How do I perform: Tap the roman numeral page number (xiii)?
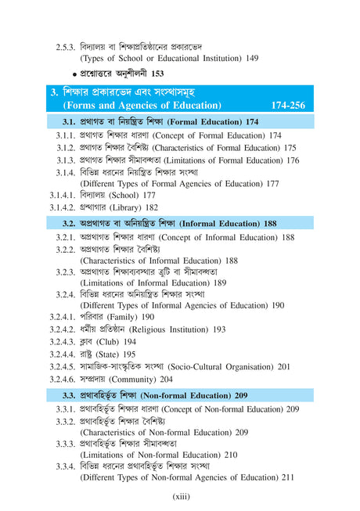[x=181, y=495]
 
